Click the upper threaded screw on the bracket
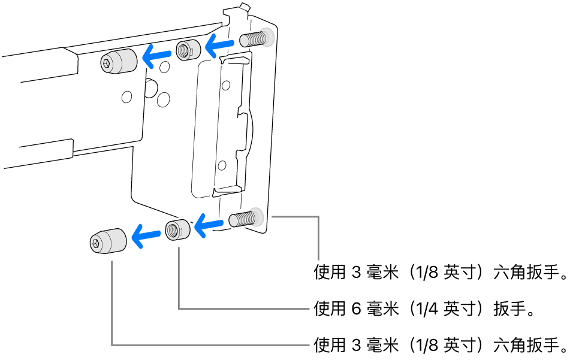pos(254,40)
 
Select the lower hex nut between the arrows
pos(177,229)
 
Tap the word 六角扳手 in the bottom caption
pos(526,345)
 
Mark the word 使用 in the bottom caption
pos(329,345)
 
